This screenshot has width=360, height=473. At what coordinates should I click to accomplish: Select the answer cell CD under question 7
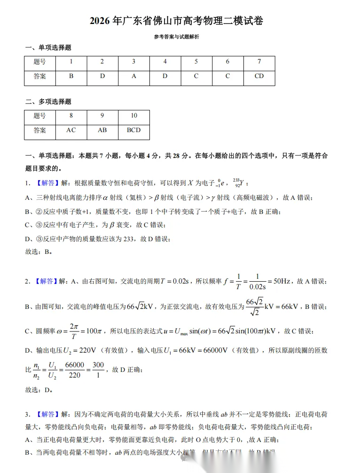pos(259,76)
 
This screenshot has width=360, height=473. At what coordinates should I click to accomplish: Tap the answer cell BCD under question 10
pos(133,130)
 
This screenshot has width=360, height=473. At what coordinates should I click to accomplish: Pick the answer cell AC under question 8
pos(71,130)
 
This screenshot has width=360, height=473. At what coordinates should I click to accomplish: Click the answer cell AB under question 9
pos(102,130)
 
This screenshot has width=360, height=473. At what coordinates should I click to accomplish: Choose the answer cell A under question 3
pos(133,76)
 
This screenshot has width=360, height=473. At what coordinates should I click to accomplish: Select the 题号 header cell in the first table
pos(40,62)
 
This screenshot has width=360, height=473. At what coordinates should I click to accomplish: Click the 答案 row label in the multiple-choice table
pos(40,130)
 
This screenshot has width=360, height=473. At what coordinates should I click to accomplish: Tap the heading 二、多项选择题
pos(48,101)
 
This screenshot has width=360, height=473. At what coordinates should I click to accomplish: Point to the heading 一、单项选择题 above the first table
pos(48,47)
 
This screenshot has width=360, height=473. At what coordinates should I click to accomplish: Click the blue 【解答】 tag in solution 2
pos(46,281)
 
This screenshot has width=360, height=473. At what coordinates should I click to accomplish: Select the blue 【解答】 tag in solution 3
pos(46,414)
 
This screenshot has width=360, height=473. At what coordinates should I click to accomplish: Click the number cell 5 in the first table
pos(196,62)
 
